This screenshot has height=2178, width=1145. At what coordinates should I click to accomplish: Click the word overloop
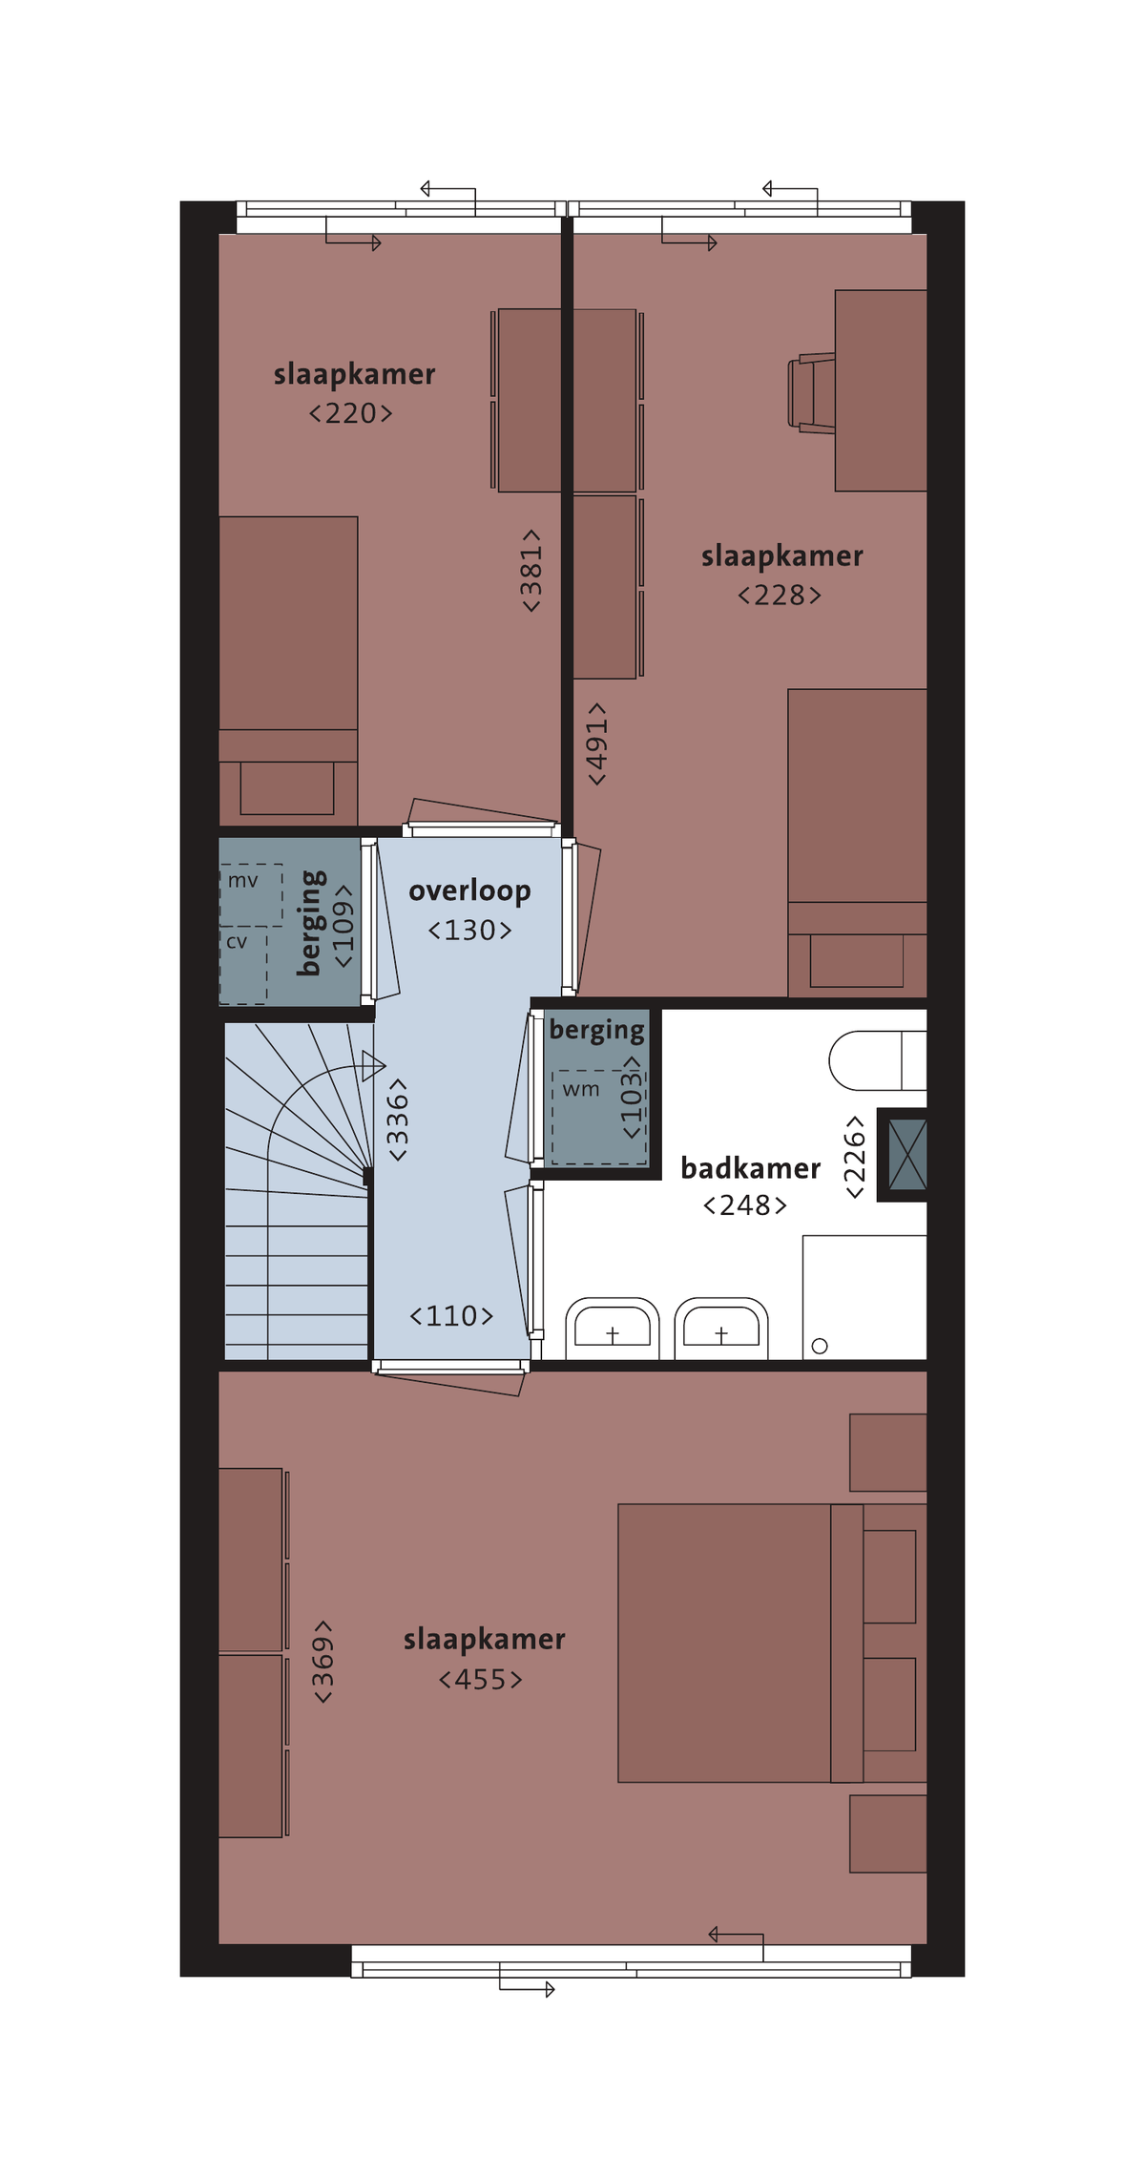click(x=469, y=890)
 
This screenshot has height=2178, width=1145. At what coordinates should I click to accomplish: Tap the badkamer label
click(x=750, y=1167)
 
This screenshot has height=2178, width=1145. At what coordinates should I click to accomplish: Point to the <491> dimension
click(x=596, y=743)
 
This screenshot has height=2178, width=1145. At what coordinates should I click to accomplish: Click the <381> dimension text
click(x=531, y=571)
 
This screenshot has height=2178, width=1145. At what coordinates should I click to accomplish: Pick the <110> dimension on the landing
click(x=451, y=1316)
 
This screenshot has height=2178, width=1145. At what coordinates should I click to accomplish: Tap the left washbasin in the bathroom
click(x=613, y=1328)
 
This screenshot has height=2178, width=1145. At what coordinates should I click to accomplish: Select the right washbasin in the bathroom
click(x=721, y=1328)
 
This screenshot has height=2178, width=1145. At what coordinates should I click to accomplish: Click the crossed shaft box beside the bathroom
click(x=907, y=1155)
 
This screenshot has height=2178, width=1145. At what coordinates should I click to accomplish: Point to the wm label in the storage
click(x=581, y=1089)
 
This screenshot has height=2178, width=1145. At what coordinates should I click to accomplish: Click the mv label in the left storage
click(x=242, y=881)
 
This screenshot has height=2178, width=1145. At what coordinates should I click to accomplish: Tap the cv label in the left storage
click(x=237, y=942)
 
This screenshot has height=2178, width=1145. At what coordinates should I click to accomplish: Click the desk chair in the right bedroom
click(x=811, y=392)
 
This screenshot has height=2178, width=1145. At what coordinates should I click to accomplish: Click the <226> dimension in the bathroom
click(x=854, y=1157)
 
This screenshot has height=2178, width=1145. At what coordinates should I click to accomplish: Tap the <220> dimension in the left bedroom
click(x=350, y=413)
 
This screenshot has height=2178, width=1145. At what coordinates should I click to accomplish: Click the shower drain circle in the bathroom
click(x=820, y=1346)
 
